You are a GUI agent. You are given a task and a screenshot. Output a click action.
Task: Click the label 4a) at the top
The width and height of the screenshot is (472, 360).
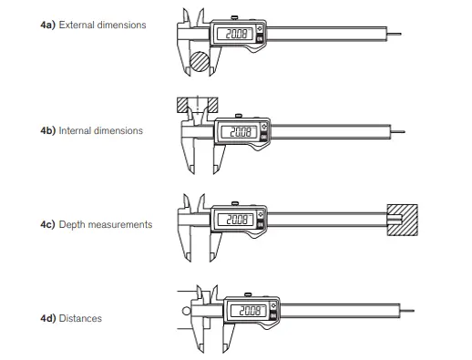point(46,26)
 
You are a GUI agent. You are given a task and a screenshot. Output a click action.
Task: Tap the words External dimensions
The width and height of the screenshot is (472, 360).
point(102,26)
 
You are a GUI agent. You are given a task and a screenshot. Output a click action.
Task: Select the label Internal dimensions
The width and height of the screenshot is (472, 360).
point(100,131)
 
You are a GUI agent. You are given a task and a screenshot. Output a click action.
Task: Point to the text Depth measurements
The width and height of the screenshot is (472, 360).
point(106,224)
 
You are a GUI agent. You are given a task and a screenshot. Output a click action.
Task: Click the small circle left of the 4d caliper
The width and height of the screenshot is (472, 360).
point(187,310)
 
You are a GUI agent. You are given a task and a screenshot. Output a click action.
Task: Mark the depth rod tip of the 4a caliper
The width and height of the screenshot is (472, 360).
point(404,37)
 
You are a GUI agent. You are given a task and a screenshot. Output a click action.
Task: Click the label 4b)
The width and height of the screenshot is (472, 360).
point(46,131)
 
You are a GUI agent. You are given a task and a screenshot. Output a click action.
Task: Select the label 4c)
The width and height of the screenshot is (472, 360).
point(46,224)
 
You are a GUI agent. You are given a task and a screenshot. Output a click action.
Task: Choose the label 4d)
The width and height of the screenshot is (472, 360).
point(46,318)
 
